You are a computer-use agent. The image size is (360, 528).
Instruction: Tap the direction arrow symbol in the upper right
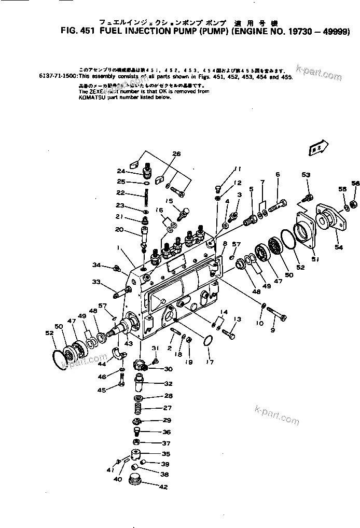[x=317, y=147]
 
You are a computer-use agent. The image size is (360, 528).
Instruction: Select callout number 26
[x=177, y=154]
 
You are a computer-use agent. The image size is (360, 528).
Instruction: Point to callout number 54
[x=338, y=247]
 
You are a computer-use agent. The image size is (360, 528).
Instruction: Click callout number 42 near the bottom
[x=164, y=487]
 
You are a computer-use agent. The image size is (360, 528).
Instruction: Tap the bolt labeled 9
[x=278, y=313]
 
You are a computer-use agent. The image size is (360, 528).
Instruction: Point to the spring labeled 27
[x=139, y=408]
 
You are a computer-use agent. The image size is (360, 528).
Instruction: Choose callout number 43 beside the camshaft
[x=128, y=343]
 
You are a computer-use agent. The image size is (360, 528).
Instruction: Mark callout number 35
[x=165, y=453]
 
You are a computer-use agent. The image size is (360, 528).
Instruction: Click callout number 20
[x=119, y=229]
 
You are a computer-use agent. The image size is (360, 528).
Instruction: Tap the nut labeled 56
[x=353, y=202]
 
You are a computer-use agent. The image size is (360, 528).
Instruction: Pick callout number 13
[x=237, y=319]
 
